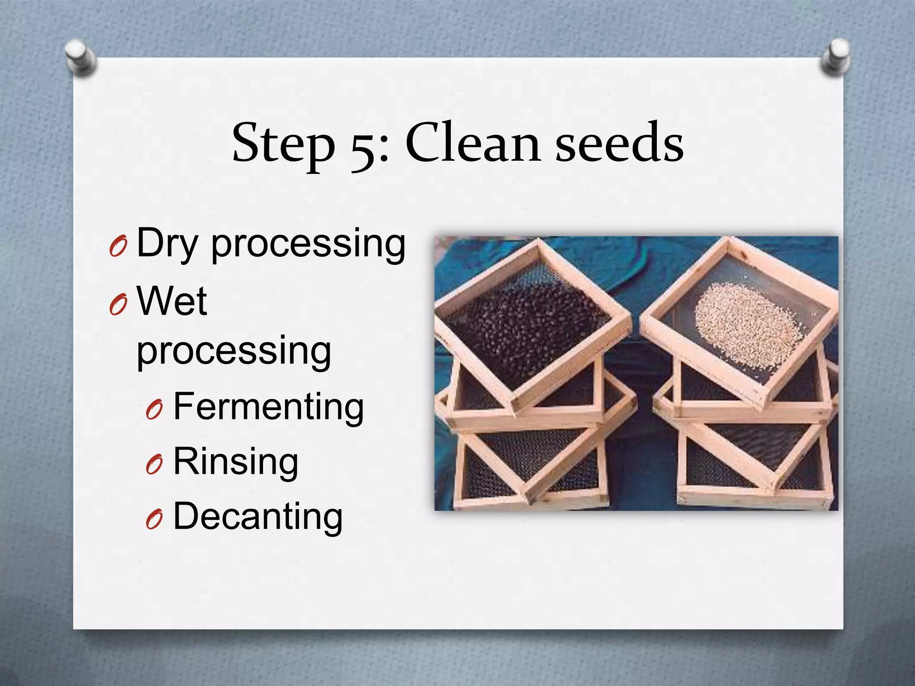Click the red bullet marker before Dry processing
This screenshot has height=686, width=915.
[x=118, y=247]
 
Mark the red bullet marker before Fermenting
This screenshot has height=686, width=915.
[x=154, y=410]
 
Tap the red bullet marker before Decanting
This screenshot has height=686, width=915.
[x=154, y=520]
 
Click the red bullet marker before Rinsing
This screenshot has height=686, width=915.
[x=154, y=465]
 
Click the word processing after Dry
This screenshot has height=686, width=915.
[x=308, y=244]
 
